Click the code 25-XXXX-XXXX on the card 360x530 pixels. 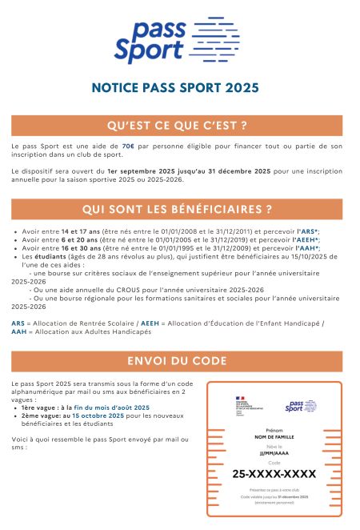coord(274,474)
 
